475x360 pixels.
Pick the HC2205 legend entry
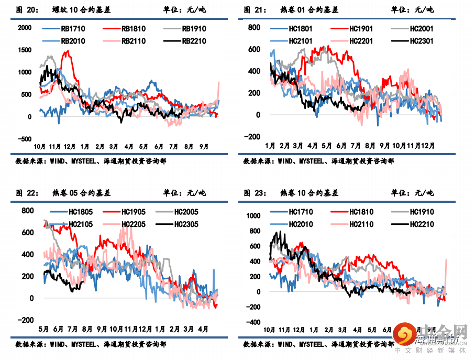pos(133,224)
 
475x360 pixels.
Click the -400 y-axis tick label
pos(253,322)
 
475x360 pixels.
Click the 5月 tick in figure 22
pos(43,329)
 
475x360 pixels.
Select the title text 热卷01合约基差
pos(310,10)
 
